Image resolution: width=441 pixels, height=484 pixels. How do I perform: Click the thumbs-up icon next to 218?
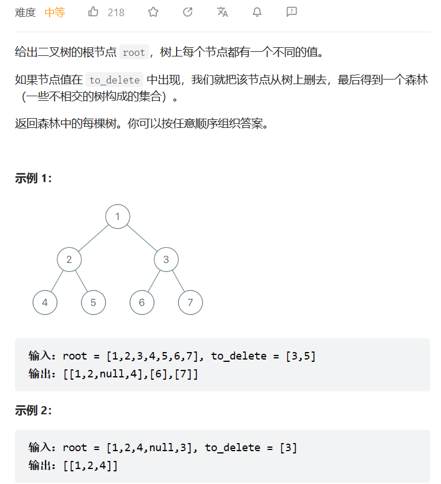(x=94, y=12)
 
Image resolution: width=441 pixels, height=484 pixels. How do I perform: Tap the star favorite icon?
(x=153, y=12)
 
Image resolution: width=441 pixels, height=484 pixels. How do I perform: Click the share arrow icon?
(x=188, y=12)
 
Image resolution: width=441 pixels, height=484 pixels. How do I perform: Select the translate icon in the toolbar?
(x=222, y=12)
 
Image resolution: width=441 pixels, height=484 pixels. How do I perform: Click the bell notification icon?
(x=257, y=12)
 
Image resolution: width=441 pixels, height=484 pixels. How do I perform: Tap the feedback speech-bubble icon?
(x=291, y=12)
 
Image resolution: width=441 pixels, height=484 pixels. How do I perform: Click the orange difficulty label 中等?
(x=55, y=12)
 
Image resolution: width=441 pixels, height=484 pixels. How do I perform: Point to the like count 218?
(x=116, y=12)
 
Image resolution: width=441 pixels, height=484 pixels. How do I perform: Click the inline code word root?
(x=134, y=52)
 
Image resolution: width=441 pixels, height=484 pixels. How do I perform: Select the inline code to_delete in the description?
(x=114, y=80)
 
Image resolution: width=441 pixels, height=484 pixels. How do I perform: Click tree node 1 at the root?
(x=118, y=217)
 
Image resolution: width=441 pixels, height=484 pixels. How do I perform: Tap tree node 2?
(x=69, y=259)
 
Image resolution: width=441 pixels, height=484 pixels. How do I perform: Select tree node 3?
(x=166, y=259)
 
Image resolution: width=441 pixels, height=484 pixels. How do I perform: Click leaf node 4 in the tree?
(x=45, y=302)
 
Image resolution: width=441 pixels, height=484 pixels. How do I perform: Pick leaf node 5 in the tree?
(x=94, y=302)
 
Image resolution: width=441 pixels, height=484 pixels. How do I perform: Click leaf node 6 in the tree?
(x=142, y=302)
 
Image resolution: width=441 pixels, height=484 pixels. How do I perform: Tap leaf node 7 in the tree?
(x=190, y=302)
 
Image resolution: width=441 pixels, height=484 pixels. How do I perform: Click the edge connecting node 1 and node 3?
(x=142, y=238)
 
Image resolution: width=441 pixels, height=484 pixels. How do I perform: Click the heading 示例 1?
(x=33, y=179)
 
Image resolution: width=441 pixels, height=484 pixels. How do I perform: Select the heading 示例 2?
(x=33, y=411)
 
